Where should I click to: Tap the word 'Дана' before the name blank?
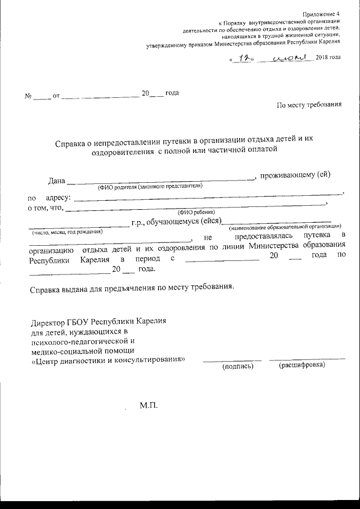(x=57, y=181)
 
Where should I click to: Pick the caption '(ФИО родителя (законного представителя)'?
(x=150, y=187)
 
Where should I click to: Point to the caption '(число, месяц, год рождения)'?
(x=67, y=231)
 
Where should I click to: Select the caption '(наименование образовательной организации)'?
(x=285, y=227)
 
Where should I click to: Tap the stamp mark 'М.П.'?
(x=150, y=406)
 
